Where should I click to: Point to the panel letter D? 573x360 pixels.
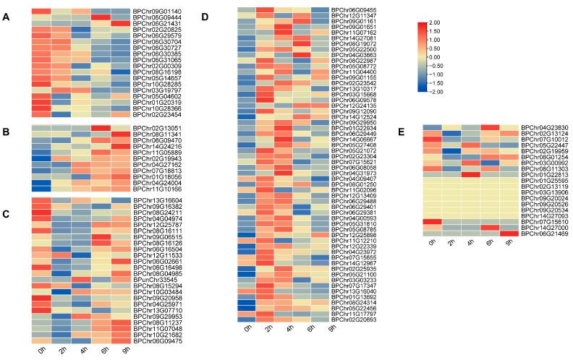click(x=203, y=16)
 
